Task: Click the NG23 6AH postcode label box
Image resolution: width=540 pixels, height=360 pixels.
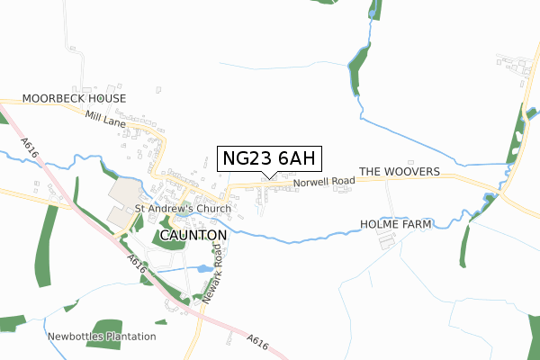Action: click(268, 158)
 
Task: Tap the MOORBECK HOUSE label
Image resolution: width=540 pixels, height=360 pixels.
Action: click(74, 98)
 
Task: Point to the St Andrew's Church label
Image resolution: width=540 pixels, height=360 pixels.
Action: click(183, 209)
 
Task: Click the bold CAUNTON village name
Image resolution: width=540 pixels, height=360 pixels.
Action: click(193, 234)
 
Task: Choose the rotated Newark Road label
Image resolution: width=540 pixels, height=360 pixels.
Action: click(212, 271)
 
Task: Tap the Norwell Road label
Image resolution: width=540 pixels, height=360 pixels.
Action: click(324, 181)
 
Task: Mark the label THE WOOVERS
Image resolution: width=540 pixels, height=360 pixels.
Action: click(399, 171)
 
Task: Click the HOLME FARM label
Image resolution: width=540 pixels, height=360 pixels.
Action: click(396, 223)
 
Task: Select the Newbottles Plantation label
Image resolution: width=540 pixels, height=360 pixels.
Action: click(101, 337)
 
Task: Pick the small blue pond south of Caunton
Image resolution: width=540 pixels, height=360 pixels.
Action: click(204, 268)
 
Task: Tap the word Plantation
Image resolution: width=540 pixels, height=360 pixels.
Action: click(128, 337)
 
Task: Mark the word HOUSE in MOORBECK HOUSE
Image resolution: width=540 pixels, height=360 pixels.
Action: click(108, 98)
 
